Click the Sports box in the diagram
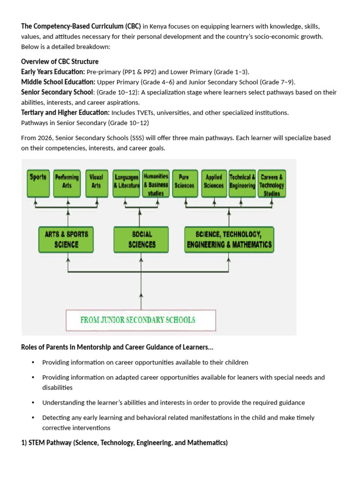(38, 183)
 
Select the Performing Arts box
(67, 183)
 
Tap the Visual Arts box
(96, 183)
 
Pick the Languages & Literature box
(126, 183)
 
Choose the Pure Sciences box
(184, 183)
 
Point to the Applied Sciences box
(214, 183)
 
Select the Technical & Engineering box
(242, 183)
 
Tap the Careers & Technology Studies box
(272, 183)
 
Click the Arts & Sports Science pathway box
(66, 239)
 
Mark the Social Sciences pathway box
(142, 239)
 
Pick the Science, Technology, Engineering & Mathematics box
(229, 239)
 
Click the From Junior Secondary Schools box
(141, 320)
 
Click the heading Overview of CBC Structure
(60, 62)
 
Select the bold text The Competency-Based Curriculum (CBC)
(81, 26)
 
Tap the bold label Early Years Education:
(53, 72)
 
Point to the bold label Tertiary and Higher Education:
(65, 112)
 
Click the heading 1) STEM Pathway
(124, 442)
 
